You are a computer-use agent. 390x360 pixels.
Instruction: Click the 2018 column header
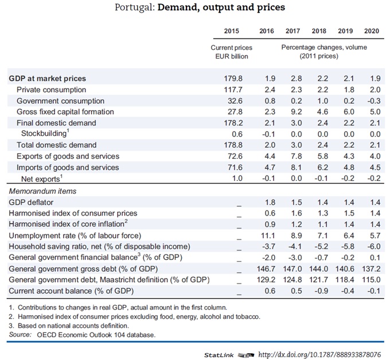pyautogui.click(x=319, y=30)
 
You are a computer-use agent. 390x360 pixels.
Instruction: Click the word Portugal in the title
pyautogui.click(x=133, y=8)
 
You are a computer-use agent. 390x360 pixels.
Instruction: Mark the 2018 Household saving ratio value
pyautogui.click(x=319, y=246)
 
